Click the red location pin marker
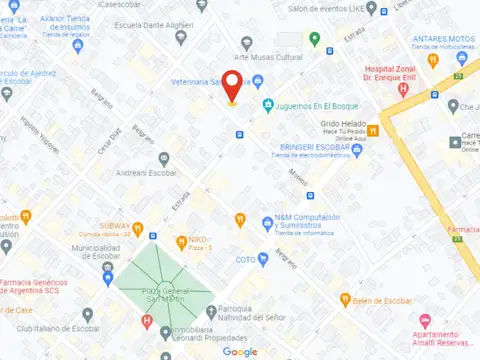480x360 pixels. (231, 86)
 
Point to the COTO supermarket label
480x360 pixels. (245, 259)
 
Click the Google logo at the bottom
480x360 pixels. (240, 351)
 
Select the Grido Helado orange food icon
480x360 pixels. (372, 130)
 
